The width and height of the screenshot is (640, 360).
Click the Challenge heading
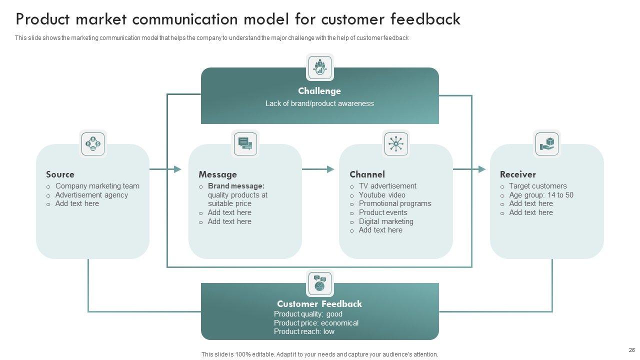coord(319,91)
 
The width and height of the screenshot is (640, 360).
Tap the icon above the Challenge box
coord(320,67)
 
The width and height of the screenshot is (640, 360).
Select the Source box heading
coord(60,174)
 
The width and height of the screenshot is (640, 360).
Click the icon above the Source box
coord(93,144)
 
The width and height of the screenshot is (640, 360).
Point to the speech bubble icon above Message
coord(245,144)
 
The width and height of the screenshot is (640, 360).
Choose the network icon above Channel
coord(396,144)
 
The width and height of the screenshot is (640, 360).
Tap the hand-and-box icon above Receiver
coord(547,144)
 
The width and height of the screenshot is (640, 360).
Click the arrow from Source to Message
coord(165,169)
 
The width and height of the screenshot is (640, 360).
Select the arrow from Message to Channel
coord(318,169)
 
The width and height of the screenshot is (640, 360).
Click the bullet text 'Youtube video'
coord(382,195)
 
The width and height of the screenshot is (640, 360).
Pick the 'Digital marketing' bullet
coord(386,221)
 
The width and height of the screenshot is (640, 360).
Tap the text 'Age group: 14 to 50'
coord(541,195)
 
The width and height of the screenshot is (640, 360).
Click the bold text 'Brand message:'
coord(236,186)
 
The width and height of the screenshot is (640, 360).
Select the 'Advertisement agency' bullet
coord(91,195)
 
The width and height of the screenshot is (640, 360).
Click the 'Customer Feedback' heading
coord(319,304)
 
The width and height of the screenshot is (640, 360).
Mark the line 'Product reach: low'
coord(304,331)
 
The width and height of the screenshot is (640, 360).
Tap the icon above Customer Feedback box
coord(320,283)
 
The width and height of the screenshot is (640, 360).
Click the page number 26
coord(631,350)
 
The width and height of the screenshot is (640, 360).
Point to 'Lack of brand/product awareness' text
coord(319,103)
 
